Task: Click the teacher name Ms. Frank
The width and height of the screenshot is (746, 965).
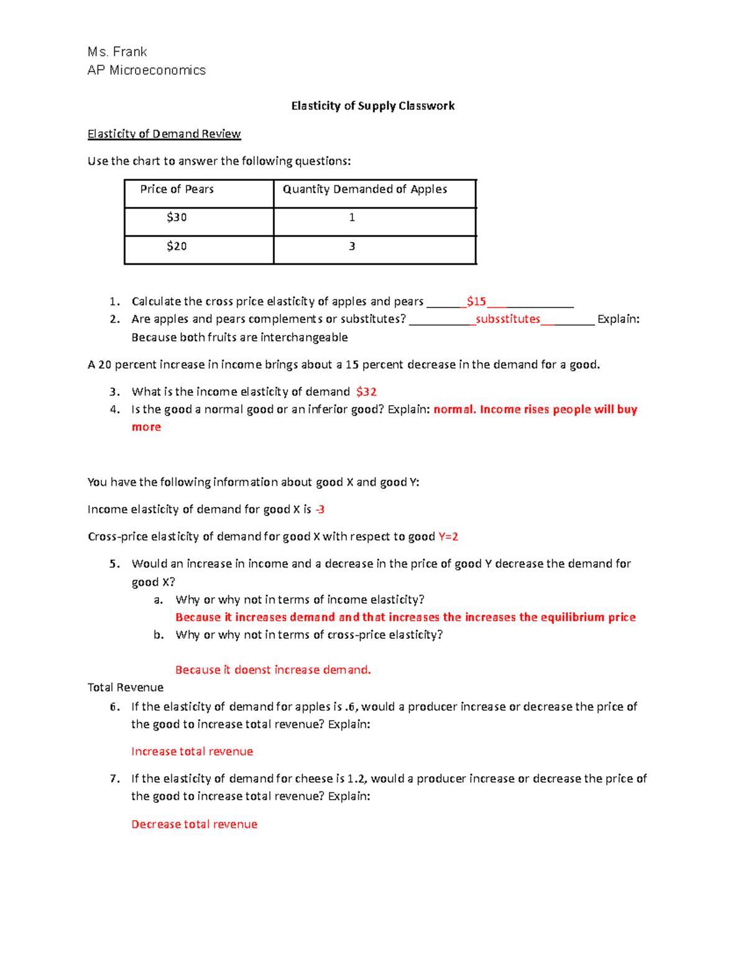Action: pos(117,52)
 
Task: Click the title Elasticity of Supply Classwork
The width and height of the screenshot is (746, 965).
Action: pos(373,106)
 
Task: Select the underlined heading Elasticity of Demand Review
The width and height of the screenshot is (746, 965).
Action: pos(164,134)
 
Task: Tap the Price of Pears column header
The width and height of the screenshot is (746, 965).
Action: pos(177,189)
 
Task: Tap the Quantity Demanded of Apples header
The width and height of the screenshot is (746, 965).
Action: pos(365,189)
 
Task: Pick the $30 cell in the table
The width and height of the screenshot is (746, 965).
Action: pos(177,217)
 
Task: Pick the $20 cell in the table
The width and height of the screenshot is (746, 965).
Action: pos(177,246)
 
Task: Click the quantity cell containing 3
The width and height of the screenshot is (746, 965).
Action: pos(352,246)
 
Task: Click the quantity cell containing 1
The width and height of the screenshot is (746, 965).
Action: pos(352,217)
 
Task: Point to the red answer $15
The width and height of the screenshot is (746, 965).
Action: pos(476,301)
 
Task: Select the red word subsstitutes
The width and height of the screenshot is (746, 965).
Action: pos(508,319)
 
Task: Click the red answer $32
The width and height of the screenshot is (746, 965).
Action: pos(366,391)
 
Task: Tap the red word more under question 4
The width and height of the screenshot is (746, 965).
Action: pos(146,427)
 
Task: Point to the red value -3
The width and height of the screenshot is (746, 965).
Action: pos(320,510)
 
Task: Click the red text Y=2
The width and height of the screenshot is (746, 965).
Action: pos(448,537)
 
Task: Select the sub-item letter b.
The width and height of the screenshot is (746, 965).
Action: pos(159,634)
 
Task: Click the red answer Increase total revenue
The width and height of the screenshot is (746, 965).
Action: pos(192,751)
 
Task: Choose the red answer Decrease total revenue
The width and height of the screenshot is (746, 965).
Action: pos(194,824)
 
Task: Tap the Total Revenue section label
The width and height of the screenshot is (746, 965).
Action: pos(125,687)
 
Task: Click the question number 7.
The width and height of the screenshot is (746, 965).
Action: pos(114,779)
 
